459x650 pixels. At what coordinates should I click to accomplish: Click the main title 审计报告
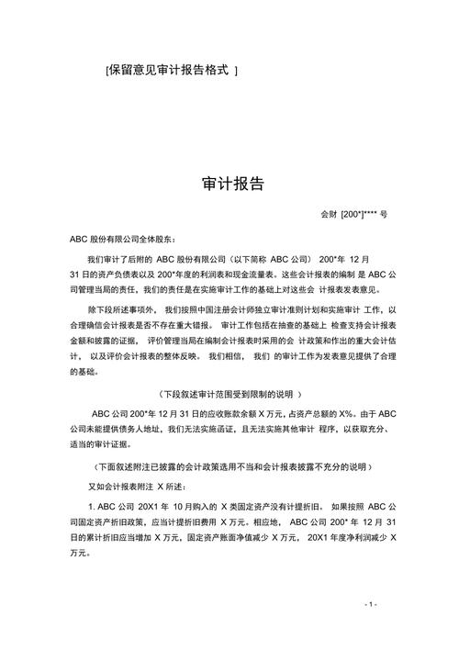click(x=233, y=184)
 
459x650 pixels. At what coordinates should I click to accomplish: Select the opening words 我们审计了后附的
click(x=118, y=260)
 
